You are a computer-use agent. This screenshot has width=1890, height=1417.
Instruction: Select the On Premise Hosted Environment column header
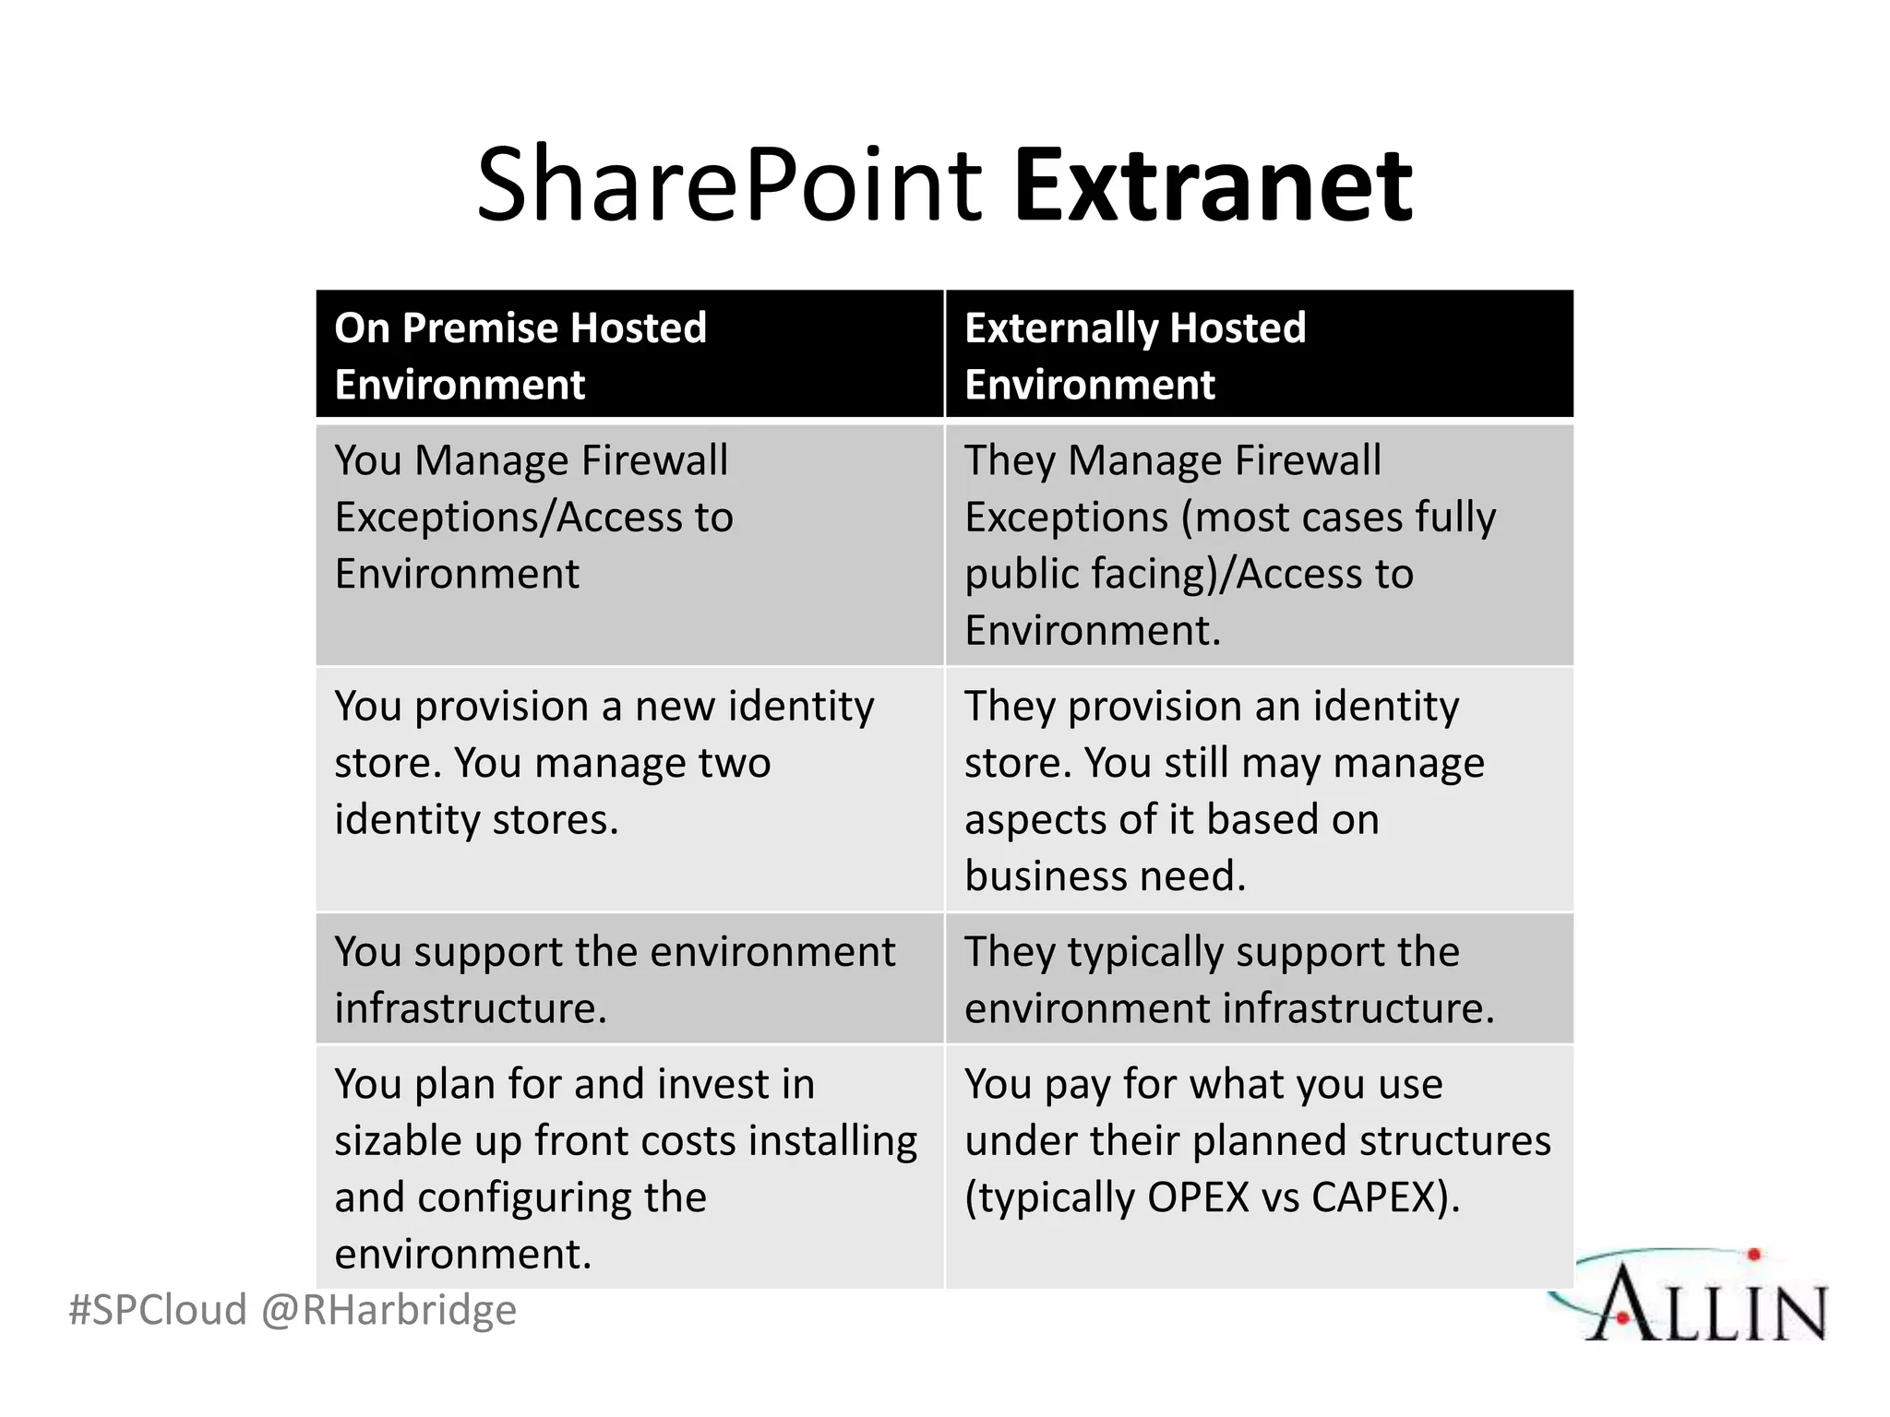tap(629, 355)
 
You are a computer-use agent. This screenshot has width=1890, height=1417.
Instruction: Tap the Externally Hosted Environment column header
tap(1259, 355)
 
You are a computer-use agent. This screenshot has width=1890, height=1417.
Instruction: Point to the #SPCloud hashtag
tap(158, 1310)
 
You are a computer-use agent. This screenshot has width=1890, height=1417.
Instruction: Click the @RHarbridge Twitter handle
tap(389, 1310)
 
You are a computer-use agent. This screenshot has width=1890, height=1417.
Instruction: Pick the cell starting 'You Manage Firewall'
tap(629, 543)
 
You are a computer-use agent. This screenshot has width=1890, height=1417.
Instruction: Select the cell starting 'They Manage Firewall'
tap(1259, 543)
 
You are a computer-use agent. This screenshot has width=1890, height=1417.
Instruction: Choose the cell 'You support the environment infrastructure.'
tap(629, 979)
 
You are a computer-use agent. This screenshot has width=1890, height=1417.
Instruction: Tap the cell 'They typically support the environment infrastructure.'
tap(1259, 979)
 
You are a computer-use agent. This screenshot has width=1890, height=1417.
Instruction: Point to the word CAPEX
tap(1376, 1197)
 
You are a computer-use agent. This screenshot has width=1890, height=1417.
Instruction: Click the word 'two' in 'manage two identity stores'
tap(734, 763)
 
